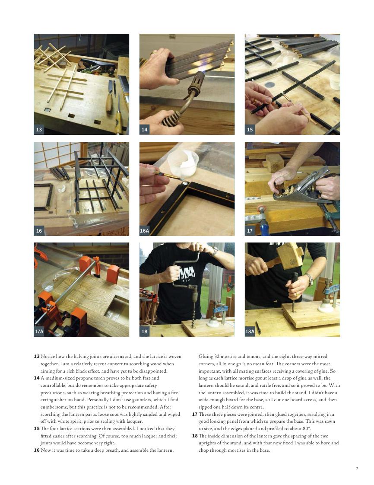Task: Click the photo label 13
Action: (39, 129)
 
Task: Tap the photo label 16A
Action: (144, 231)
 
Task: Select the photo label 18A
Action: (250, 332)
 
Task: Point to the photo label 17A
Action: (39, 332)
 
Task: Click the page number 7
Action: (357, 469)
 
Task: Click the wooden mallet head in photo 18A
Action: (290, 255)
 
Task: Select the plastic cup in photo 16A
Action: (182, 163)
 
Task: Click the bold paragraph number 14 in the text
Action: (36, 378)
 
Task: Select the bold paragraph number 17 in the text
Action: (195, 414)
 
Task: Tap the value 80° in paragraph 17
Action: (306, 428)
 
